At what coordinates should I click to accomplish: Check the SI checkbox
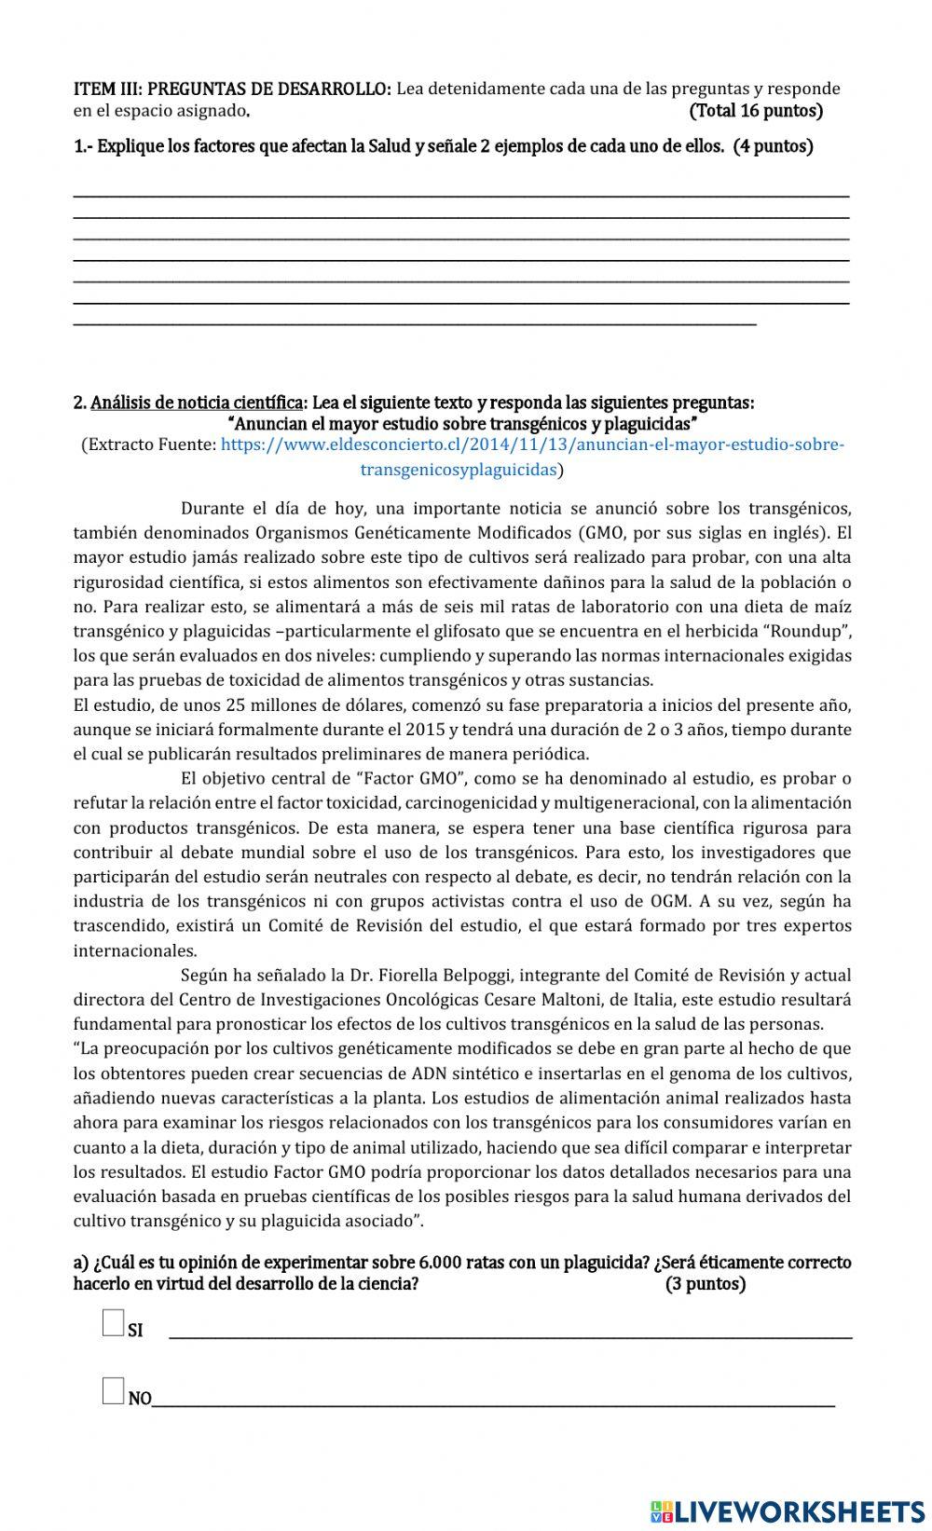tap(113, 1322)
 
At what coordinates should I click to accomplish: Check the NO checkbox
tap(113, 1391)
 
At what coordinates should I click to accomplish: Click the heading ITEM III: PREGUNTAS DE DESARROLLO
tap(232, 89)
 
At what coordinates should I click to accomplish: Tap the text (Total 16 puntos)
tap(756, 112)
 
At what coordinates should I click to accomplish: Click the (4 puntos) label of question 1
tap(773, 146)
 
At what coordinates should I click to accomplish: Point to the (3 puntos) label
tap(706, 1284)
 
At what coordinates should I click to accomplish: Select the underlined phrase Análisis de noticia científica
tap(197, 403)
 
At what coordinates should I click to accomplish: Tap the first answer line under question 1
tap(461, 193)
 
